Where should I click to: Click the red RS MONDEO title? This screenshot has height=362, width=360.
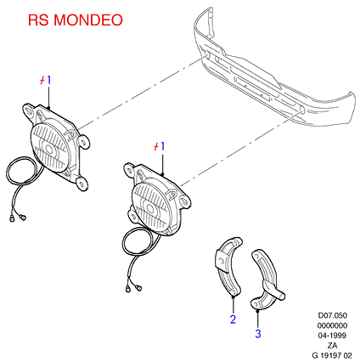(x=76, y=20)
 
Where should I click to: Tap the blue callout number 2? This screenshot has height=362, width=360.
(x=233, y=320)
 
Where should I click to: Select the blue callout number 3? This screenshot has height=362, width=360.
(x=258, y=333)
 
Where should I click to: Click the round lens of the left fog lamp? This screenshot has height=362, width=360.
(x=50, y=148)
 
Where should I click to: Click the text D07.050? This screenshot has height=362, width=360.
(x=333, y=315)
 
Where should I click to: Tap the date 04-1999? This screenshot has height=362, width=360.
(x=332, y=336)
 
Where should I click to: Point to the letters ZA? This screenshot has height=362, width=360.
(x=332, y=346)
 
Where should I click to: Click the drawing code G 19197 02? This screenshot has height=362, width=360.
(x=332, y=355)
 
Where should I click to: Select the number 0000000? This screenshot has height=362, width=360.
(x=332, y=325)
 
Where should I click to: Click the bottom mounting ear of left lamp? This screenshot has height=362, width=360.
(x=82, y=184)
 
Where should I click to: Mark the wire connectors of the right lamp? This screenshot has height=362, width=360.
(x=133, y=289)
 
